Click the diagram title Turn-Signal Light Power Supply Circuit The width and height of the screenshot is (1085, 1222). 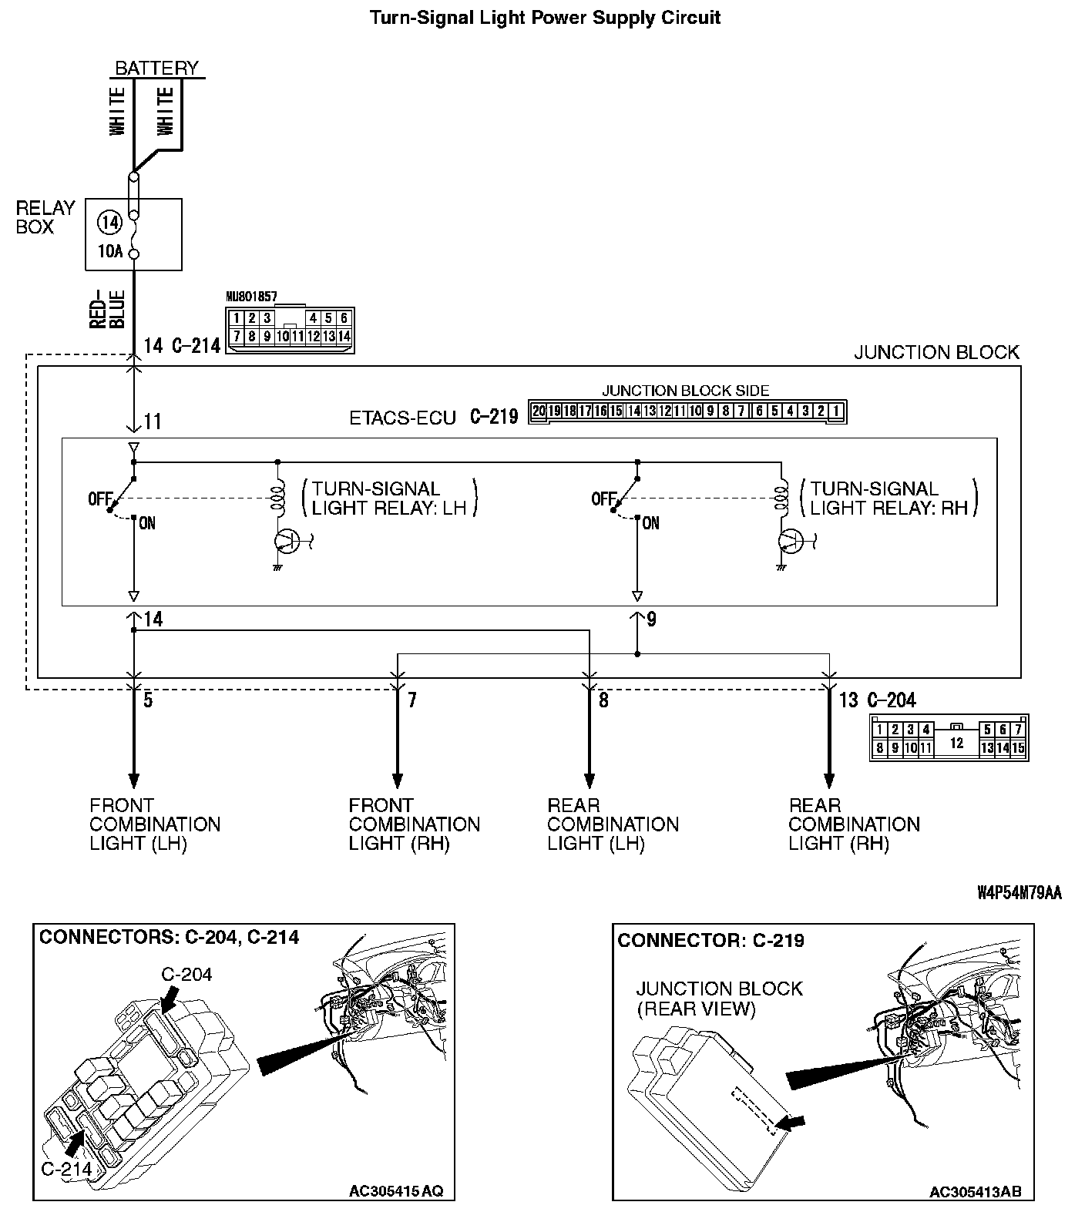point(545,17)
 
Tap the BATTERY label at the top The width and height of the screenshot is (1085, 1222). point(156,68)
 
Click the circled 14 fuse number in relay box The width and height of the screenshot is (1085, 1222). point(110,223)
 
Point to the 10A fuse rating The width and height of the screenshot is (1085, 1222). point(110,251)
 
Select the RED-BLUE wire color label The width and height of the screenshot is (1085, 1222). point(107,309)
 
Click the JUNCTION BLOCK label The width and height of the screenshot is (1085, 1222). point(936,353)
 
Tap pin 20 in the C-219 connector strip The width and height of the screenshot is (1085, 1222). point(539,411)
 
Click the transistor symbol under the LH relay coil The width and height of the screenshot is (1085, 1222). point(287,541)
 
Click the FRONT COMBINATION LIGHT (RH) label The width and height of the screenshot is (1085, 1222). point(414,824)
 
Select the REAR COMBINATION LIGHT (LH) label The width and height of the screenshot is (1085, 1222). point(613,824)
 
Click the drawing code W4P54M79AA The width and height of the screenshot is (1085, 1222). point(1019,892)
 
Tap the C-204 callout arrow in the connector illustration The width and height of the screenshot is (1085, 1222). point(168,1002)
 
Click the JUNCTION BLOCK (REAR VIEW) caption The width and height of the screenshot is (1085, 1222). point(719,999)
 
